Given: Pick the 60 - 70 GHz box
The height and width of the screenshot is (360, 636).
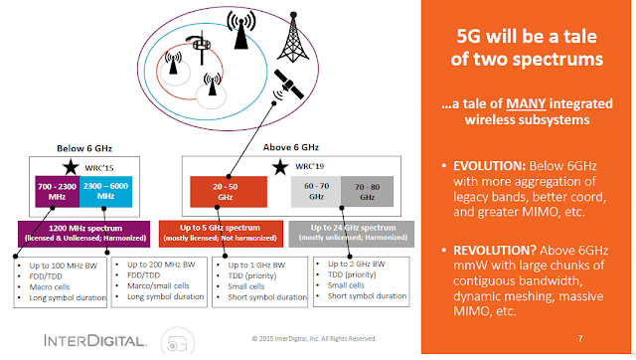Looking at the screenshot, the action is point(315,189).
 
